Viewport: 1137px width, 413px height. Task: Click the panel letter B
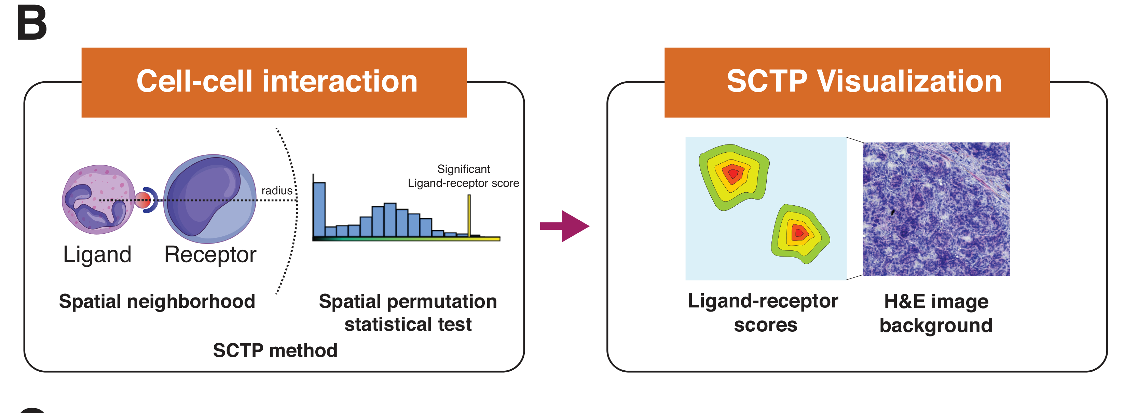pos(31,23)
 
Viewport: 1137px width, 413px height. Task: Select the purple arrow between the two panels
pos(565,226)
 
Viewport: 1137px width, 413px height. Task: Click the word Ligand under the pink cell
pos(97,254)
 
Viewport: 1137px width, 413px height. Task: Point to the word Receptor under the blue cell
pos(210,254)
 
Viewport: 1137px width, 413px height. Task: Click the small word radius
pos(277,191)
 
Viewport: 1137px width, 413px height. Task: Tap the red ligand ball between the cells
pos(142,200)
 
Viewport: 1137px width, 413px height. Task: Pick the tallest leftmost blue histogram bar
pos(319,210)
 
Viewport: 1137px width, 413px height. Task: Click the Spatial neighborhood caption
pos(157,301)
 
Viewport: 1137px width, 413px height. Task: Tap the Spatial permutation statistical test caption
pos(408,313)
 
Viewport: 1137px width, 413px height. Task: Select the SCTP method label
pos(275,350)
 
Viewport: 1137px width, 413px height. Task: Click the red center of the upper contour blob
pos(733,174)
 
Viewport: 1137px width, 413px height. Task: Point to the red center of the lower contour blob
pos(798,233)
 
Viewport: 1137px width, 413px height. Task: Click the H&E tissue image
pos(936,209)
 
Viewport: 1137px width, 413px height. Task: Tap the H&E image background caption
pos(936,313)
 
